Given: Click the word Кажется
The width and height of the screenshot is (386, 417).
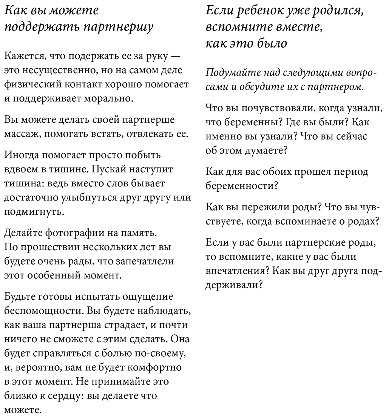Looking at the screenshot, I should tap(21, 57).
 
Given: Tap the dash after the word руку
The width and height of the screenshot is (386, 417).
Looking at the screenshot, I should tap(175, 57).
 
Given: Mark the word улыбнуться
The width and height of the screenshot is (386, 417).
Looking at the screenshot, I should tap(90, 197).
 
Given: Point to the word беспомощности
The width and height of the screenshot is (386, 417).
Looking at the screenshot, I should tap(42, 310).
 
